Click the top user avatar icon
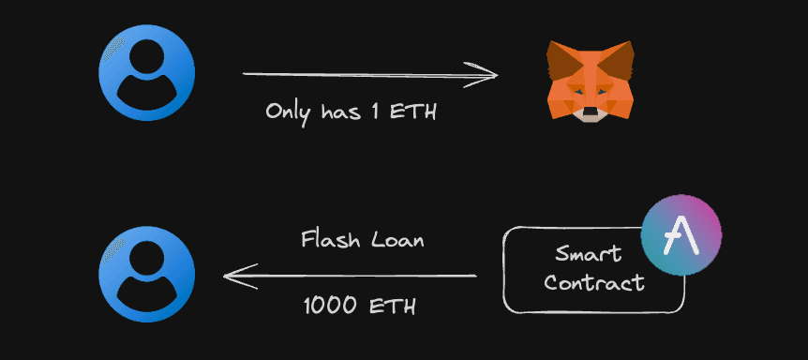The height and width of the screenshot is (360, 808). click(147, 73)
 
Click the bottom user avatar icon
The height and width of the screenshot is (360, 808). click(147, 275)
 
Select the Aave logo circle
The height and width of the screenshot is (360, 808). click(681, 237)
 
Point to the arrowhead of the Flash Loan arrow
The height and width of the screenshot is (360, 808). click(234, 276)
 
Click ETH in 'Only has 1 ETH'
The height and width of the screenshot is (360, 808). click(417, 112)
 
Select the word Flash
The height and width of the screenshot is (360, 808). click(328, 240)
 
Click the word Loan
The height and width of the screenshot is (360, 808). click(398, 240)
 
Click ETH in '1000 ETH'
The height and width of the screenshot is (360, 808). click(395, 306)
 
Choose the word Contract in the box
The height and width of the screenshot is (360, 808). click(594, 282)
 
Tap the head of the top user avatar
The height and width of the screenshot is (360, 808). click(147, 60)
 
